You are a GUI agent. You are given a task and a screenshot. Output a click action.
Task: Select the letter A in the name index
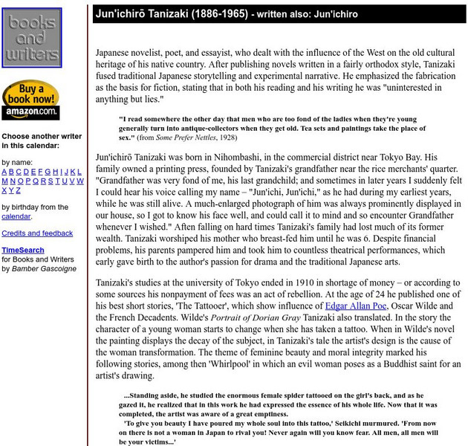pyautogui.click(x=4, y=171)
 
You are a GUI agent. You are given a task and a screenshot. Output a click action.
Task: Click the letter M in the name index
pyautogui.click(x=4, y=181)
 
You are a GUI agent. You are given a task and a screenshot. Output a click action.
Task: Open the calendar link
pyautogui.click(x=16, y=216)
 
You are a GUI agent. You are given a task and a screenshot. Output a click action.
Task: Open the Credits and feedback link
pyautogui.click(x=37, y=233)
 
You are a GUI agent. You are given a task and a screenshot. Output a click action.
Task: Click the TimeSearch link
pyautogui.click(x=23, y=251)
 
